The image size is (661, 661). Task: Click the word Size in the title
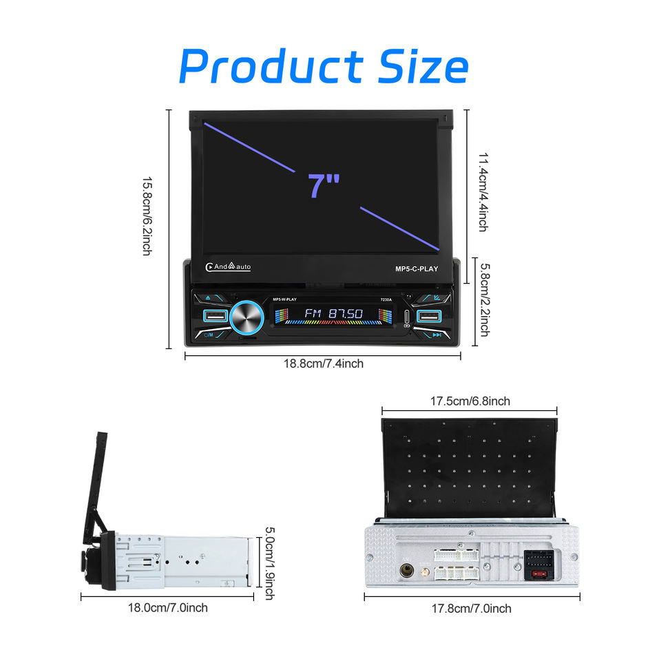(x=423, y=67)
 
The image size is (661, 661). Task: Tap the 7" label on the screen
(x=324, y=185)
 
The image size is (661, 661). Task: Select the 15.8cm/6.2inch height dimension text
(x=147, y=216)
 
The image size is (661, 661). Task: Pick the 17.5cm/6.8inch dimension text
(x=470, y=401)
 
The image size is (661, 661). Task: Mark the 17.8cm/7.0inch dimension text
(x=472, y=608)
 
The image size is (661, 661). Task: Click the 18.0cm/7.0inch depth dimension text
(x=168, y=607)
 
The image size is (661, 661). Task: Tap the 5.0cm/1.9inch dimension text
(x=270, y=563)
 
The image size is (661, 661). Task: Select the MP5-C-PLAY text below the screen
(x=417, y=269)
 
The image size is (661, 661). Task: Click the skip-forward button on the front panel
(x=437, y=335)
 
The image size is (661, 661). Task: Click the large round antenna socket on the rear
(x=406, y=571)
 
